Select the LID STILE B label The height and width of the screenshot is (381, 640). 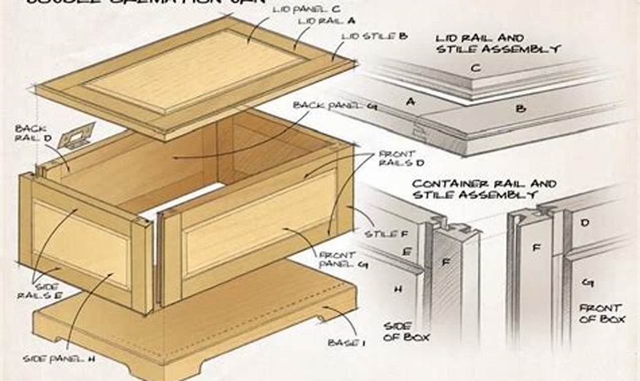coord(374,36)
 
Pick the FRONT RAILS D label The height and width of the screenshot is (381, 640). coord(396,158)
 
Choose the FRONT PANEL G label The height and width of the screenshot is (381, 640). coord(343,260)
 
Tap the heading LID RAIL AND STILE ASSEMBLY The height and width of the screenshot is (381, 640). coord(497,43)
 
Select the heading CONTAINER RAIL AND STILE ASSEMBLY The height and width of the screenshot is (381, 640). coord(484,189)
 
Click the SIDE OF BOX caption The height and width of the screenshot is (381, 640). coord(406,331)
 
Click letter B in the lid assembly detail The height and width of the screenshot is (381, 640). coord(520,108)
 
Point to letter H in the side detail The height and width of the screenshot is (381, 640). coord(398,289)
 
